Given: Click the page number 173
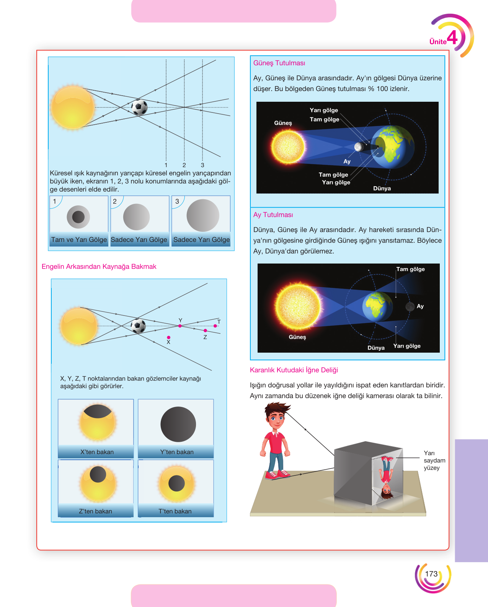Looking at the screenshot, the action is click(x=431, y=574).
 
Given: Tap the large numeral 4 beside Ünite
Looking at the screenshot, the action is click(x=452, y=37).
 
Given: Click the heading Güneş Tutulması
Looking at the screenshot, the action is click(x=279, y=63).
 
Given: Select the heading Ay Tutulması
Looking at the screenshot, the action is click(x=273, y=215).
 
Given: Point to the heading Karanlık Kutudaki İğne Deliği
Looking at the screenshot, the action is click(x=294, y=370).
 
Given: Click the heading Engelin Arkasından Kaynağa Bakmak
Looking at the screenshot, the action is click(x=99, y=267).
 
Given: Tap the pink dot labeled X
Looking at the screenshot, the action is click(x=168, y=337).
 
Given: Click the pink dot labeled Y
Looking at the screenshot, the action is click(x=180, y=326).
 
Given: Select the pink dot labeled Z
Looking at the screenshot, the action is click(x=205, y=330).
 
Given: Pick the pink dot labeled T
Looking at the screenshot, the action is click(x=215, y=326).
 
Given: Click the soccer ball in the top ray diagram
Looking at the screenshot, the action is click(x=139, y=107).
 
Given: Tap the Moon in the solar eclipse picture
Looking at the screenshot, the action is click(x=359, y=146).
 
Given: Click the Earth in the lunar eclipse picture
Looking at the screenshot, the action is click(x=377, y=307).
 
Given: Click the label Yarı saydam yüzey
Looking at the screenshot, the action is click(x=434, y=461).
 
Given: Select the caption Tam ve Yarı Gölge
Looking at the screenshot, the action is click(x=79, y=239).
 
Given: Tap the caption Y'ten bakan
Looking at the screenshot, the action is click(x=177, y=452).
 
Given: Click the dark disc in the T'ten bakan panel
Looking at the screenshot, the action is click(x=176, y=483).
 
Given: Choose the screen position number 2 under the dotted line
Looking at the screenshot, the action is click(x=184, y=165).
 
